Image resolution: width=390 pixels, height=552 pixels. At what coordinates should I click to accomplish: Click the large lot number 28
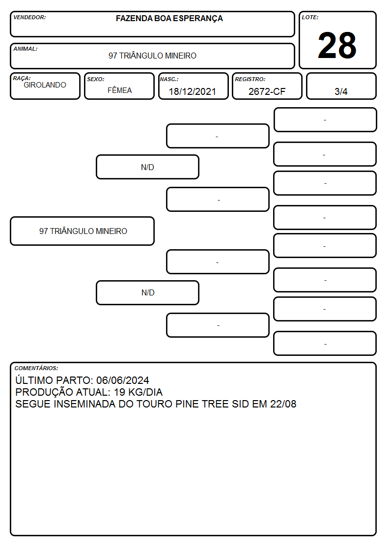click(x=337, y=45)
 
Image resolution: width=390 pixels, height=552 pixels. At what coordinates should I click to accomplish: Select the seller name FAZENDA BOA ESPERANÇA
click(x=169, y=19)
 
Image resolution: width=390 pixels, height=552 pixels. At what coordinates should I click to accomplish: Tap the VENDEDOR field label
click(x=29, y=17)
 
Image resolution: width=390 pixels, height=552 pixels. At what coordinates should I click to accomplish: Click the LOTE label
click(x=310, y=17)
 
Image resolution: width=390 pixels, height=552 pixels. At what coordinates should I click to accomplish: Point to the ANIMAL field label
click(x=26, y=49)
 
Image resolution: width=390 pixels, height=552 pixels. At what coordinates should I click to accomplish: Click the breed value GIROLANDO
click(x=45, y=85)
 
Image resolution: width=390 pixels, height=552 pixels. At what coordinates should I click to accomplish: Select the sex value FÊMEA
click(x=119, y=90)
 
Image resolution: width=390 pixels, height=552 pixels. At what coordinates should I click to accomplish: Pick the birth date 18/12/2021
click(x=192, y=91)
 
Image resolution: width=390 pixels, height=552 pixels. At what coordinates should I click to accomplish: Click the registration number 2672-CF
click(x=267, y=91)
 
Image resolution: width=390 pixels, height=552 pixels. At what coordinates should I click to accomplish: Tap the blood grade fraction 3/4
click(x=341, y=91)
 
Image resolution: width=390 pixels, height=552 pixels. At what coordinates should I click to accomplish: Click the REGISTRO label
click(x=250, y=79)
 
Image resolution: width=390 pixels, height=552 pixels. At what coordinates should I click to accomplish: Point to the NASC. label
click(x=169, y=79)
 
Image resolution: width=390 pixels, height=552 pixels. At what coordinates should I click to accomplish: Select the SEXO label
click(x=96, y=79)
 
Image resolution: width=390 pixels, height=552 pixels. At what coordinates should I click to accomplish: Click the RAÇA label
click(x=22, y=78)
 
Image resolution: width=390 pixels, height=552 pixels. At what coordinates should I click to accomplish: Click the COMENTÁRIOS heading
click(x=36, y=368)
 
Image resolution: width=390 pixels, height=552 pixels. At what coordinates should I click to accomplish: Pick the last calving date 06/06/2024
click(x=122, y=380)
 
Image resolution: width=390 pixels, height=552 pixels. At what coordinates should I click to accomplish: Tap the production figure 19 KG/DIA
click(x=138, y=392)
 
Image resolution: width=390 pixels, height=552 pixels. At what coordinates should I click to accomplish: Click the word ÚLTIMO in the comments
click(x=34, y=380)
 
